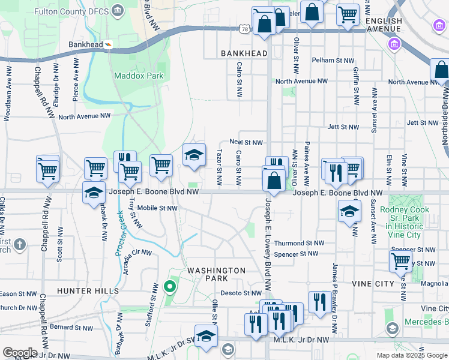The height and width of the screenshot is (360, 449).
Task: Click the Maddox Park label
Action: click(x=139, y=76)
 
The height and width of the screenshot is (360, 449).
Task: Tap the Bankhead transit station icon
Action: click(x=108, y=44)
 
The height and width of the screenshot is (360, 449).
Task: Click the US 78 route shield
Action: click(x=244, y=28)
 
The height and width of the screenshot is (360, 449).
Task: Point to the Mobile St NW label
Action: click(x=157, y=208)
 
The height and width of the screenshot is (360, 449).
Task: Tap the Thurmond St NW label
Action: click(x=299, y=244)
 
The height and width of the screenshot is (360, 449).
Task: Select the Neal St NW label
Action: click(x=246, y=142)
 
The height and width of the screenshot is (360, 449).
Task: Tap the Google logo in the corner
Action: click(x=19, y=353)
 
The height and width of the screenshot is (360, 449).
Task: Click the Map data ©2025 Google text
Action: click(x=411, y=355)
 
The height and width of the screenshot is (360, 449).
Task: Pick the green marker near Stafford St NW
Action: click(x=169, y=286)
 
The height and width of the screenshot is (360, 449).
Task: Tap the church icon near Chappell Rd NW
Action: click(x=20, y=244)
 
